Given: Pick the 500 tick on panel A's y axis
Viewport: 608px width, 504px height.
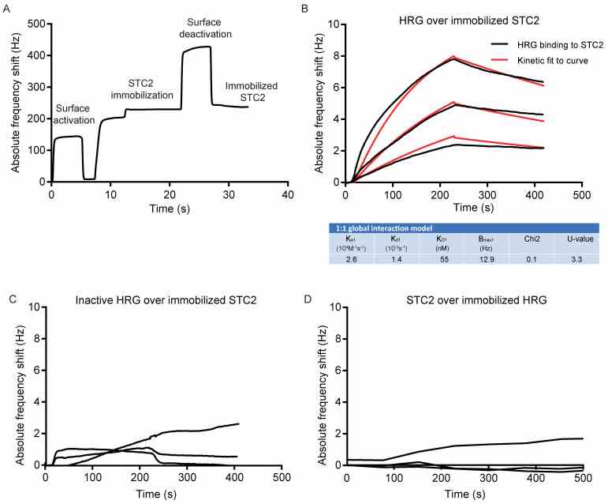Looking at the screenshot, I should [x=35, y=24].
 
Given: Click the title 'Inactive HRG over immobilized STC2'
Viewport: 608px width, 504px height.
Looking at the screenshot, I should [x=163, y=299].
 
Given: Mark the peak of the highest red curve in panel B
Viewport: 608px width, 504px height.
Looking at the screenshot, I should [x=453, y=56].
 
